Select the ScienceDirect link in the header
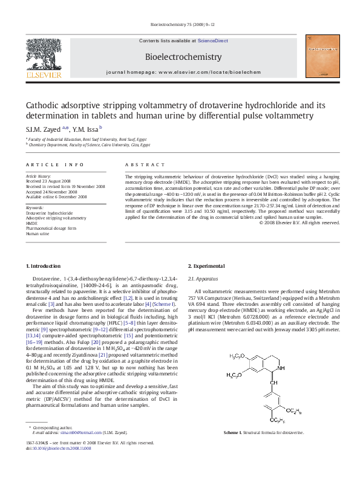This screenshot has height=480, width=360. click(216, 40)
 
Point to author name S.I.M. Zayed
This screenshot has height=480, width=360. click(44, 128)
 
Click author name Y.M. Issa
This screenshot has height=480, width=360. click(85, 128)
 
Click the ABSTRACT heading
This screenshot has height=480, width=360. click(145, 164)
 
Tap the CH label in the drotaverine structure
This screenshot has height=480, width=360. click(273, 382)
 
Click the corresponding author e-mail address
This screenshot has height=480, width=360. click(75, 433)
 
